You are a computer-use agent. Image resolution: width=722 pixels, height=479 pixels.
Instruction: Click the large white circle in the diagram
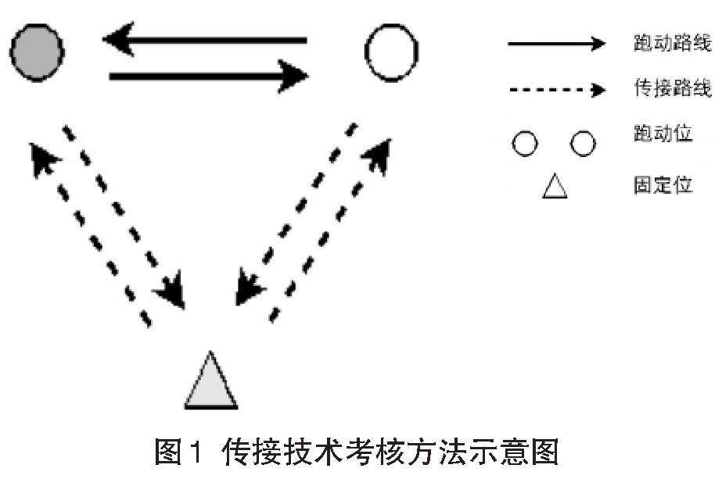tap(391, 53)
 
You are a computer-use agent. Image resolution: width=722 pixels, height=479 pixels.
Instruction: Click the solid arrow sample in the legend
tap(556, 44)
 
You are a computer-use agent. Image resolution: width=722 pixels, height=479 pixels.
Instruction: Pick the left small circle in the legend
tap(526, 144)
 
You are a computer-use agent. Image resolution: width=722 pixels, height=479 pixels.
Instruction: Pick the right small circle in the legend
tap(583, 144)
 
